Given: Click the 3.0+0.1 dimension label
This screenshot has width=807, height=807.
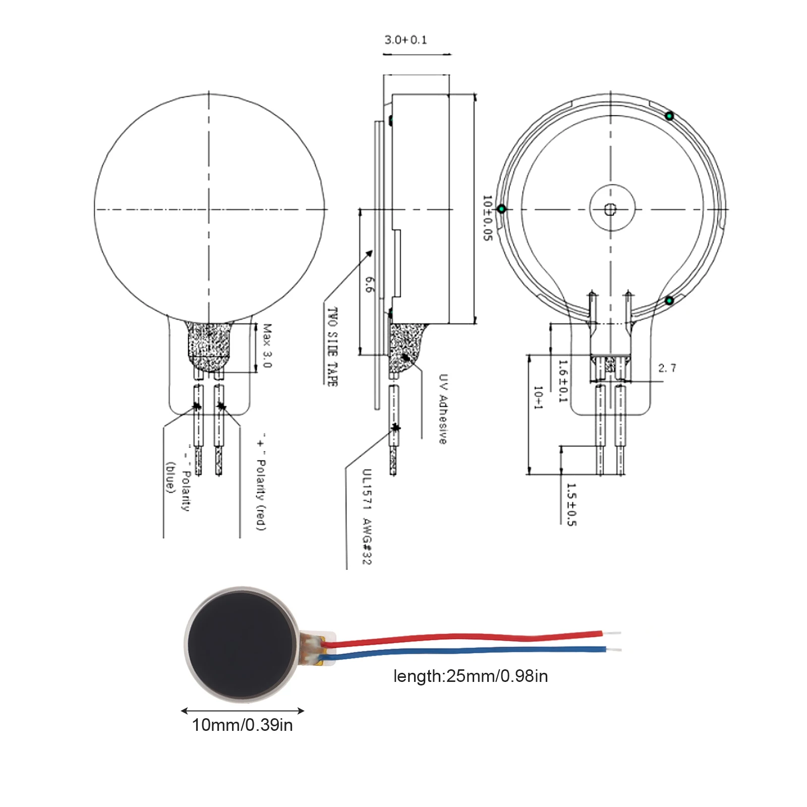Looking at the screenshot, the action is click(406, 40).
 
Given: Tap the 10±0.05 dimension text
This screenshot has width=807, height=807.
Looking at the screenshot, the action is click(487, 218).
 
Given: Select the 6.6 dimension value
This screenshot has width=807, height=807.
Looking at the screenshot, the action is click(370, 284).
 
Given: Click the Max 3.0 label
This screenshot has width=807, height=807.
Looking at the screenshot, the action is click(267, 346).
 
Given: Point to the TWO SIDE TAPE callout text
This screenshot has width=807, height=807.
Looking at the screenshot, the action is click(332, 347).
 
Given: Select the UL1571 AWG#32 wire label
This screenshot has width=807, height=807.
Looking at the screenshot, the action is click(367, 517).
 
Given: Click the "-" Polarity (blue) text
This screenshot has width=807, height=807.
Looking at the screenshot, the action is click(178, 477).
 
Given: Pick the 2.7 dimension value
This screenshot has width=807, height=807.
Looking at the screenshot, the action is click(667, 368).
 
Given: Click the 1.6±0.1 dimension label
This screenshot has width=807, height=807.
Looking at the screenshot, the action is click(563, 381).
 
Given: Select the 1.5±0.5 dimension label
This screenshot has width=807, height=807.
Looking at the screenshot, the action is click(571, 504).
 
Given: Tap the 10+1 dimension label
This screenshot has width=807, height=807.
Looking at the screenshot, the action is click(538, 397).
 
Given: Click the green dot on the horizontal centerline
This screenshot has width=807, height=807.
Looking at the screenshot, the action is click(501, 209).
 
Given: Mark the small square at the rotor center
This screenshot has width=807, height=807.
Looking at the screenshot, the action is click(610, 209).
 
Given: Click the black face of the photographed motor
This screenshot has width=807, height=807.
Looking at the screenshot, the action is click(241, 644).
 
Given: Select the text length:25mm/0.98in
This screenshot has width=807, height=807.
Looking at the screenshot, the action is click(471, 676).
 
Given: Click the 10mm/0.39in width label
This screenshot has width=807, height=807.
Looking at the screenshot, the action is click(242, 725).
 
